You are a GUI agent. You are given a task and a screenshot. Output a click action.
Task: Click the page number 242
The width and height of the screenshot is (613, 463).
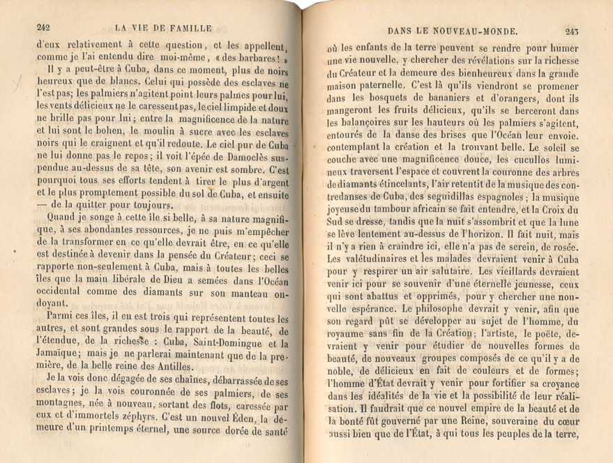coord(44,28)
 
